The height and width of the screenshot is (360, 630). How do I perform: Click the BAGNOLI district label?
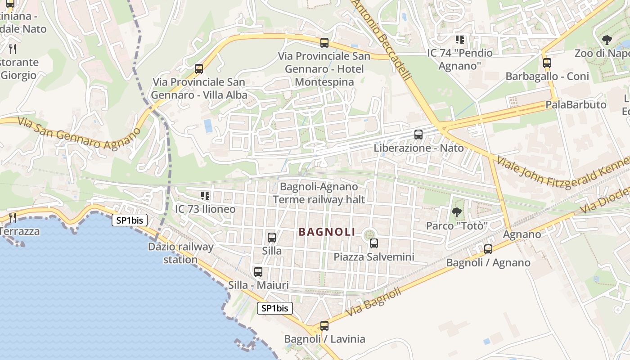tap(327, 232)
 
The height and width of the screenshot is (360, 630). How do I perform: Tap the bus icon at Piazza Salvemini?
tap(373, 243)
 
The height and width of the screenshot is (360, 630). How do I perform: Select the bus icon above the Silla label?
tap(271, 237)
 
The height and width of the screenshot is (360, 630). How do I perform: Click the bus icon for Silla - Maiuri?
tap(258, 271)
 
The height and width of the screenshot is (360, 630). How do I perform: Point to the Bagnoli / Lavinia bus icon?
tap(324, 325)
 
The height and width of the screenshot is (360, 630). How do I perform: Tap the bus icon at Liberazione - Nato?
tap(418, 134)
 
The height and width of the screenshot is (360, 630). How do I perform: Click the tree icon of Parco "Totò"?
tap(456, 212)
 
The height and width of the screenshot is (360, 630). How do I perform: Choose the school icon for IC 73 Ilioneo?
tap(205, 196)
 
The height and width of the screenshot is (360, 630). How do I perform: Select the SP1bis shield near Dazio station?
tap(130, 220)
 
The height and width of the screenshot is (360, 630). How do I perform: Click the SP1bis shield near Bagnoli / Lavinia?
tap(275, 308)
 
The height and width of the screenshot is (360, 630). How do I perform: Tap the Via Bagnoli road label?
tap(373, 302)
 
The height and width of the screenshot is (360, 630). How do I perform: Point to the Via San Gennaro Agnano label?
tap(79, 133)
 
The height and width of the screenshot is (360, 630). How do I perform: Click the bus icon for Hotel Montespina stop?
tap(324, 43)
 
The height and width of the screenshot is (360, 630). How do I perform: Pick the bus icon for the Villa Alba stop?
tap(198, 69)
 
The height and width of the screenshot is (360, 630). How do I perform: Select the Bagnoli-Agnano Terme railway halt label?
tap(319, 193)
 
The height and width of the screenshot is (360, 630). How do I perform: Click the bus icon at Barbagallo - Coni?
tap(547, 63)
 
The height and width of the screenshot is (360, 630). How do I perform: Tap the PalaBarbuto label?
tap(576, 105)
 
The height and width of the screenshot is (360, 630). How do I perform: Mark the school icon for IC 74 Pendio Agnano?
tap(459, 40)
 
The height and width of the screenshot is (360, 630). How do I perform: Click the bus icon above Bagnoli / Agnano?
tap(488, 249)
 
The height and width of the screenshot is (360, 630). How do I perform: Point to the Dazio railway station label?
tap(180, 253)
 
